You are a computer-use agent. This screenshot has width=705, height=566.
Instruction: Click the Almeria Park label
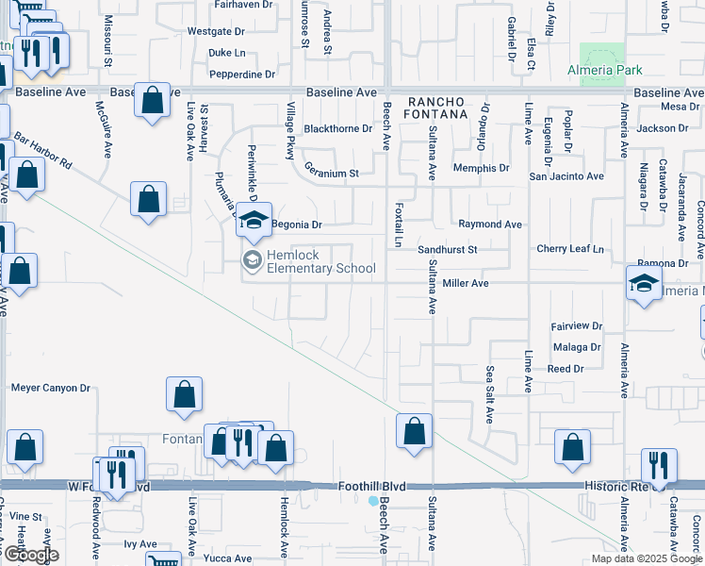pyautogui.click(x=604, y=71)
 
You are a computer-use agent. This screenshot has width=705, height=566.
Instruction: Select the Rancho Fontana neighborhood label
pyautogui.click(x=437, y=108)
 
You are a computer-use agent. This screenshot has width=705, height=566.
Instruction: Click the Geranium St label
pyautogui.click(x=332, y=174)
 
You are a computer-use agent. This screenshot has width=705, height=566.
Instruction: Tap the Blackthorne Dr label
pyautogui.click(x=338, y=129)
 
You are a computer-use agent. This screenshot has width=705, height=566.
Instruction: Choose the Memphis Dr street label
pyautogui.click(x=481, y=168)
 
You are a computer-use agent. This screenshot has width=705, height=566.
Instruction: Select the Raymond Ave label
pyautogui.click(x=490, y=225)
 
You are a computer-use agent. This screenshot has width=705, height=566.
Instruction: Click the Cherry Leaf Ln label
pyautogui.click(x=569, y=249)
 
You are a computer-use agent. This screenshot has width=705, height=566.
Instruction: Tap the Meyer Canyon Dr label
pyautogui.click(x=50, y=388)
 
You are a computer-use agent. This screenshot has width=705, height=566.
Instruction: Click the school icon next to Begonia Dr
pyautogui.click(x=254, y=221)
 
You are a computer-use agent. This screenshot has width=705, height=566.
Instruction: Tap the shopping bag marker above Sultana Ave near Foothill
pyautogui.click(x=413, y=431)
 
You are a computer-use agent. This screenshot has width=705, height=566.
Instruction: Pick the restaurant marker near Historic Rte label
pyautogui.click(x=659, y=465)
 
